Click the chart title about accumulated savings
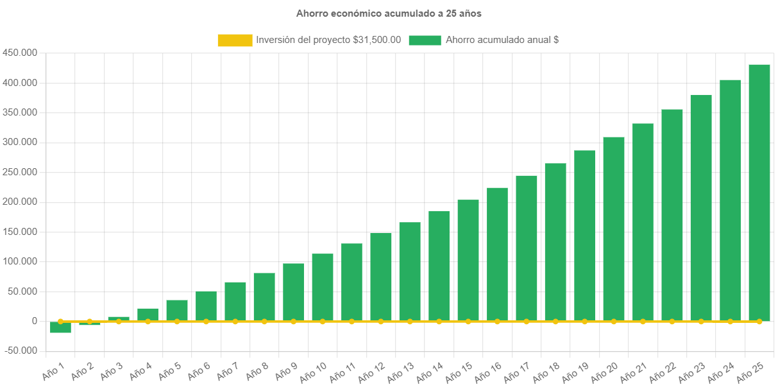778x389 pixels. (x=389, y=13)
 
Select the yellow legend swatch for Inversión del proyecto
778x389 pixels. (x=235, y=40)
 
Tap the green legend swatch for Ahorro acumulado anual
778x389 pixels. (x=425, y=40)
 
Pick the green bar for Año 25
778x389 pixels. (x=759, y=193)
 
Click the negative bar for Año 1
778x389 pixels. (x=60, y=327)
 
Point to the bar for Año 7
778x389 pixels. (x=235, y=302)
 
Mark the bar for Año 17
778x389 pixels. (x=527, y=248)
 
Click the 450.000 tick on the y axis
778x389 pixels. (x=20, y=53)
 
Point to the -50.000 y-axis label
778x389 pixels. (x=20, y=350)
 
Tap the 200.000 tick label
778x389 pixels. (x=20, y=202)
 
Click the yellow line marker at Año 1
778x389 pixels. (x=60, y=321)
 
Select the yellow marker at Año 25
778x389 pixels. (x=759, y=321)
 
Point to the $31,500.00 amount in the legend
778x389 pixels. (x=377, y=40)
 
